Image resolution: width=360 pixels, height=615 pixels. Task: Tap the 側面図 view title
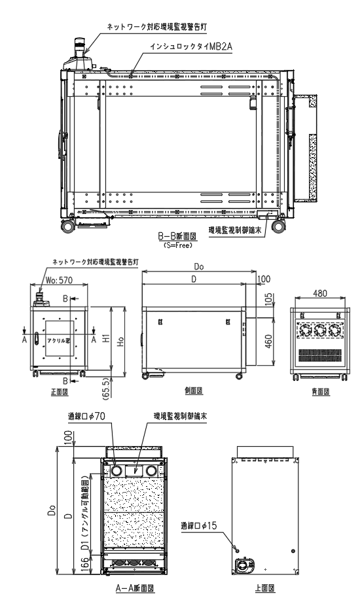click(x=192, y=391)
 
